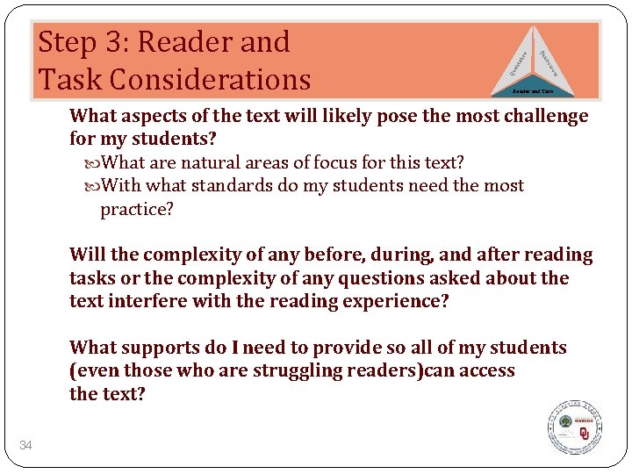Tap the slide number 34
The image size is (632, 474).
[26, 446]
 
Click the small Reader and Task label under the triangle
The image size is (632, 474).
[534, 90]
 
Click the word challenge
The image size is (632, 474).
[542, 116]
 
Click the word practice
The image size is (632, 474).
[137, 209]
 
